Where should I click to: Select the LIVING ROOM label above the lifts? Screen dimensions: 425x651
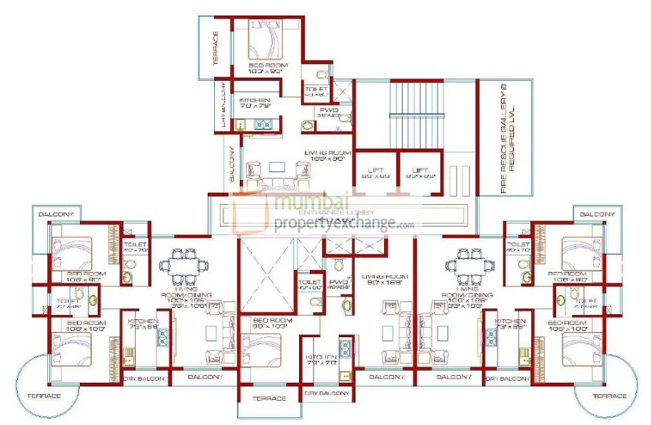click(325, 156)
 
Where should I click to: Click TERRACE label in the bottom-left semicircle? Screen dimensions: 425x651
click(44, 396)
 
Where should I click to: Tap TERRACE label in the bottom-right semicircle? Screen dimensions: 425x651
click(609, 396)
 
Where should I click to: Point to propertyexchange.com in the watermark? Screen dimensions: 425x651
click(343, 224)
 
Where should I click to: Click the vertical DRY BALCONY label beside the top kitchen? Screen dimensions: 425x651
click(223, 105)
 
